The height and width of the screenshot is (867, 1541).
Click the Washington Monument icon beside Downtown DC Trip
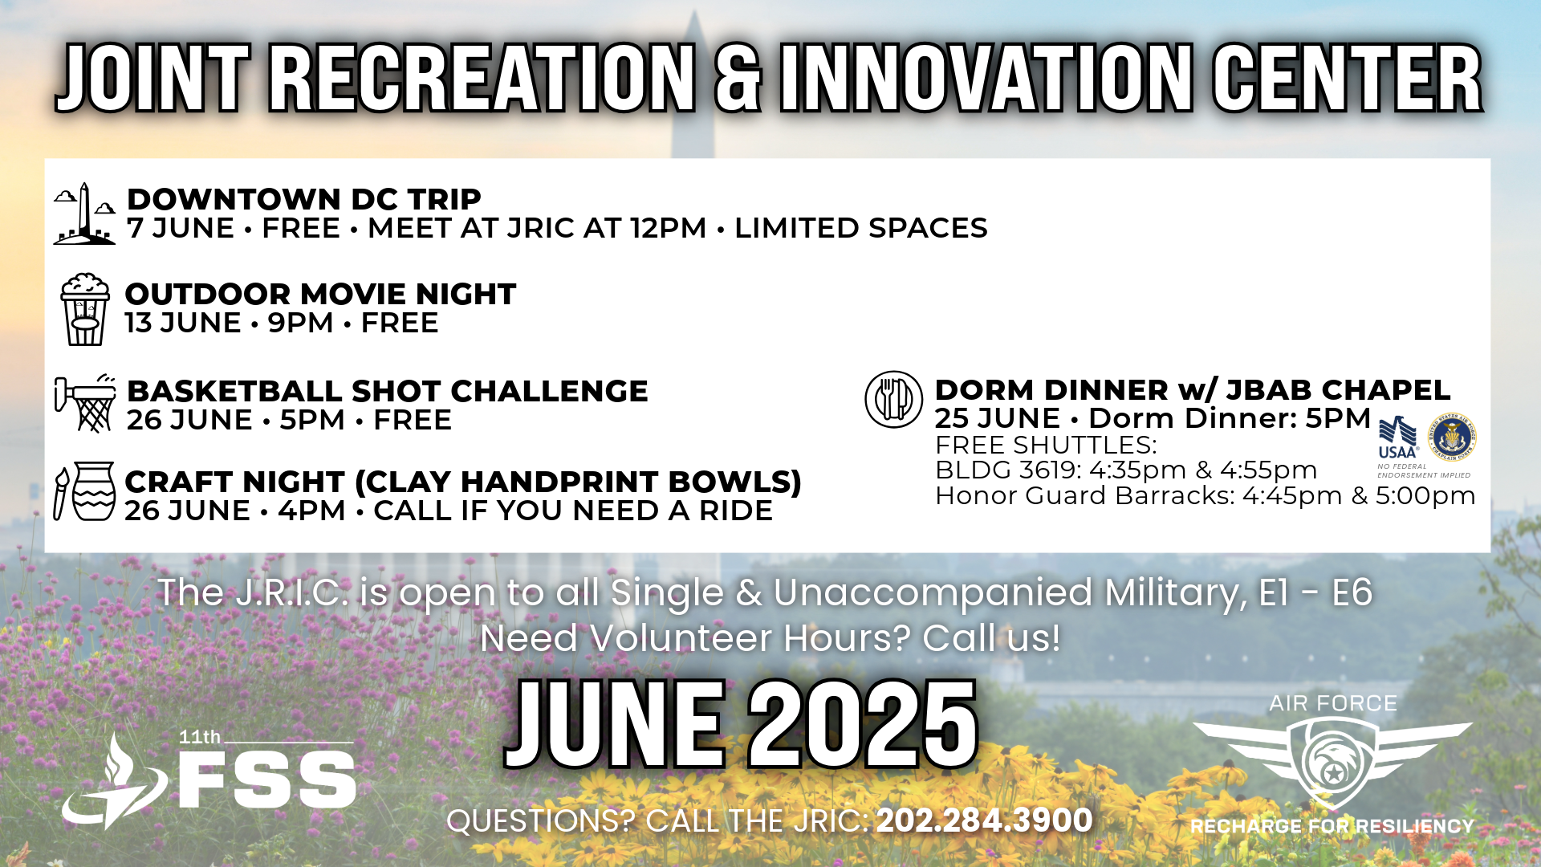pos(84,214)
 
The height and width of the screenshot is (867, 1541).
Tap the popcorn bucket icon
pos(84,310)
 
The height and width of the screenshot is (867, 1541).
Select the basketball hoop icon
pos(85,403)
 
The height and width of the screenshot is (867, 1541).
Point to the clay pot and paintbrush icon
pos(84,491)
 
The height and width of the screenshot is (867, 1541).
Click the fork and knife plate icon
pos(893,399)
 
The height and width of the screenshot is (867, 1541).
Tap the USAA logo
pos(1397,438)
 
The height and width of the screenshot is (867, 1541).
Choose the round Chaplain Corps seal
pos(1453,438)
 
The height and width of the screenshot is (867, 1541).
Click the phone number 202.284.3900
pos(984,820)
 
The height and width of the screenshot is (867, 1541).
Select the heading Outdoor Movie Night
pos(320,294)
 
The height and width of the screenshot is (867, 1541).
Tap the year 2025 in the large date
pos(863,725)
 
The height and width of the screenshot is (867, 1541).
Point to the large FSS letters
pos(267,780)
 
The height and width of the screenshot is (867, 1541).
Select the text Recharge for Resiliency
pos(1332,826)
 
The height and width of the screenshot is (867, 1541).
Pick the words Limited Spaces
pos(861,228)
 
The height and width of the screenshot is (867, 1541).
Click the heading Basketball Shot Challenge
pos(388,391)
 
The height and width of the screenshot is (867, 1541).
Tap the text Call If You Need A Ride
pos(573,511)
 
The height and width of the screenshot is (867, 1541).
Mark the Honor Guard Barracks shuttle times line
pos(1206,495)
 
